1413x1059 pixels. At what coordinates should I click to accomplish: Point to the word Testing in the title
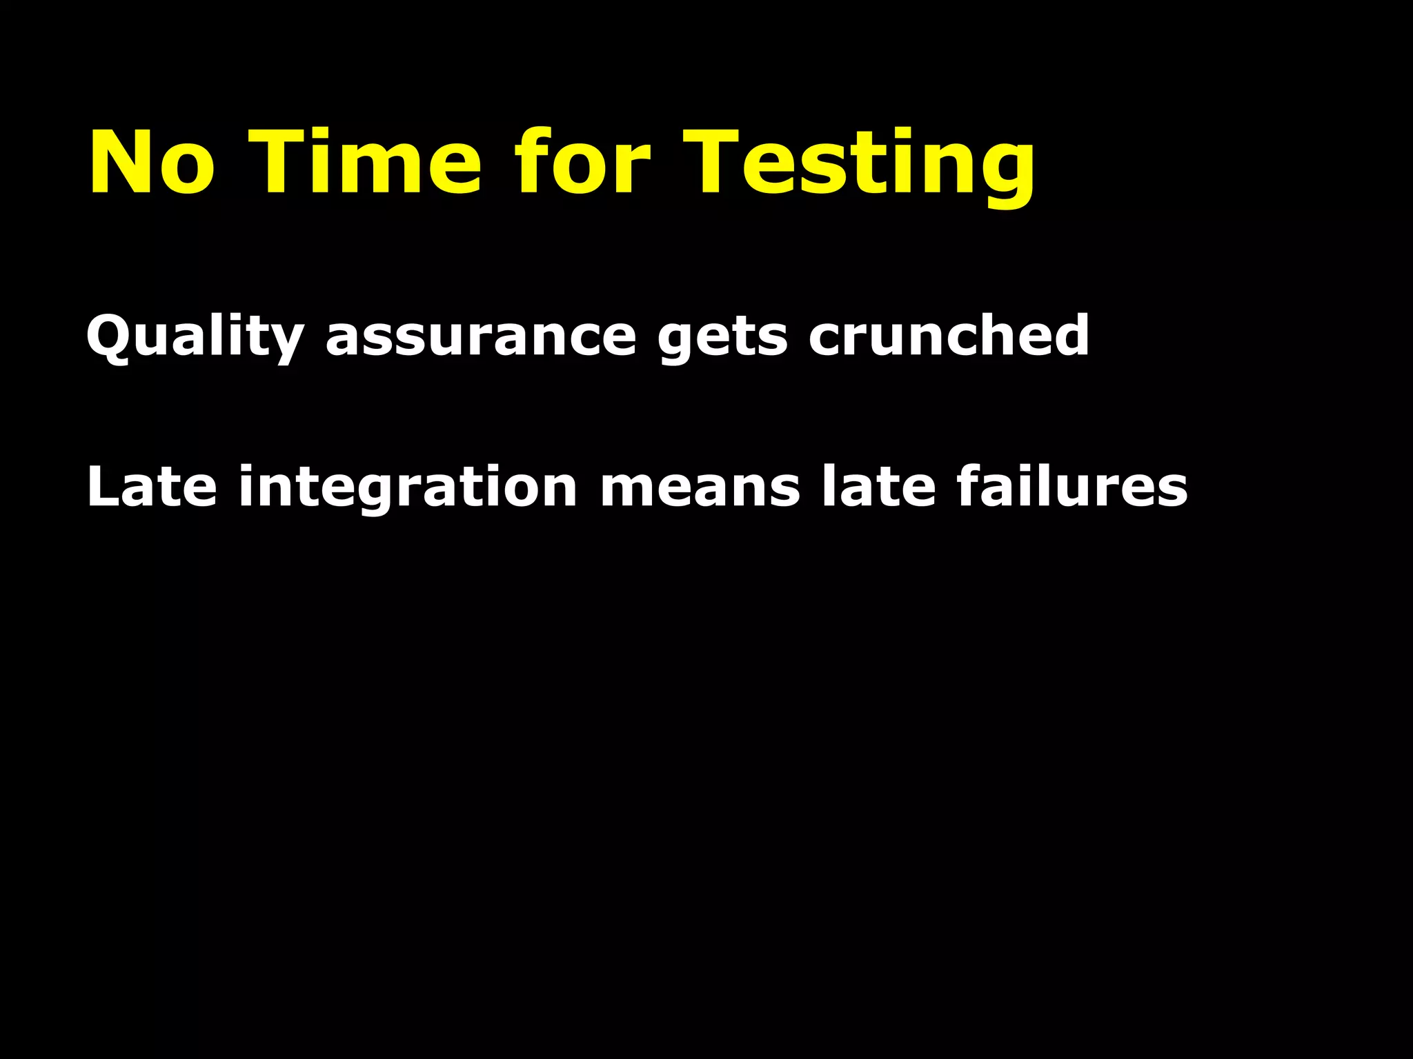tap(859, 165)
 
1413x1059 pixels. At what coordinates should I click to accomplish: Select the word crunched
tap(949, 335)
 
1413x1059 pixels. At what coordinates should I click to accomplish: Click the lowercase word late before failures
tap(878, 487)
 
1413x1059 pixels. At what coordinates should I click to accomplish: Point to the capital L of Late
tap(102, 487)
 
